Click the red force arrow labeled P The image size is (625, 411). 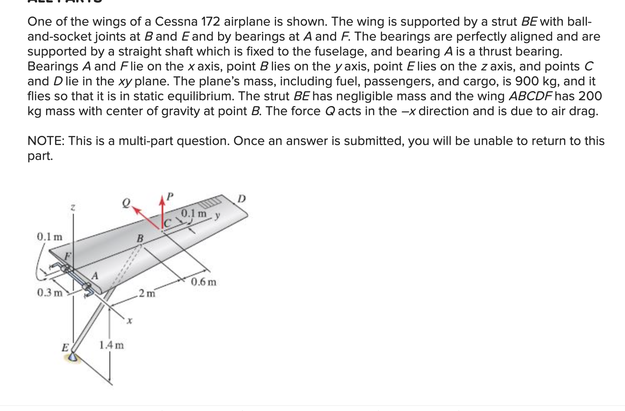coord(162,211)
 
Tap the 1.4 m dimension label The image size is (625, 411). coord(111,345)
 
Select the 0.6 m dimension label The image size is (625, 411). coord(203,282)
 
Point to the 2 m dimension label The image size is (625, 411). coord(147,294)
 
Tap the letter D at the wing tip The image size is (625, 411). coord(242,199)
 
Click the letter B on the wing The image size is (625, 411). coord(140,238)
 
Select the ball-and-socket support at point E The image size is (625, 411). coord(74,357)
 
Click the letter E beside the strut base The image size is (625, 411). coord(65,347)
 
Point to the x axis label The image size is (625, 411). coord(129,321)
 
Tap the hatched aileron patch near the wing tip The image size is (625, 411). coord(212,203)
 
